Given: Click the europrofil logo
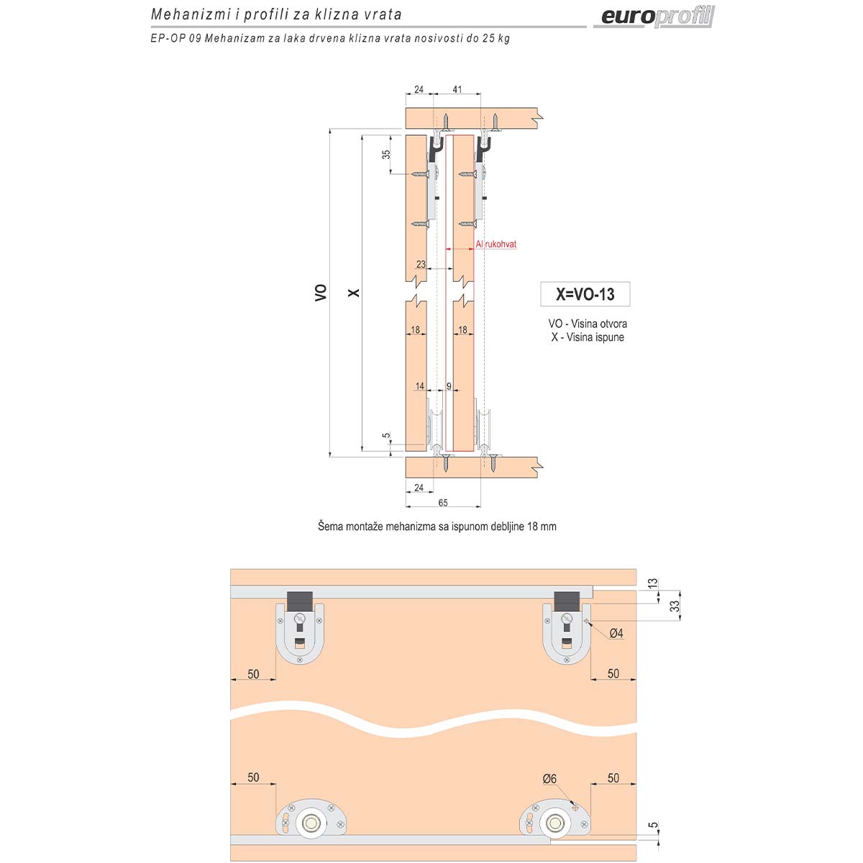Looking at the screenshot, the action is (657, 17).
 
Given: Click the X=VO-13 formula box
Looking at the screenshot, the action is (585, 294).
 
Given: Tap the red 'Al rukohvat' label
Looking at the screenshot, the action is (496, 244).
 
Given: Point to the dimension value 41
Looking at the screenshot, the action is (457, 89).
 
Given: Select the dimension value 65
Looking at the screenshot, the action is (443, 503).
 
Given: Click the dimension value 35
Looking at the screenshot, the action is (385, 154).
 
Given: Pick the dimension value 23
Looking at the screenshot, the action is (421, 264).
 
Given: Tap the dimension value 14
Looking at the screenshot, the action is (419, 386).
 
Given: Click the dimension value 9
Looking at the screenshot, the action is (449, 386).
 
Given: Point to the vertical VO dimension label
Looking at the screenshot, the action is (321, 293).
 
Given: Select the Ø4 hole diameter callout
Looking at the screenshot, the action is (616, 633).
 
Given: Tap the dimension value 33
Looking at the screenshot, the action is (675, 606).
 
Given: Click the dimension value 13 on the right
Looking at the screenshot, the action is (653, 583).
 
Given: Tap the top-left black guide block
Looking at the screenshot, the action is (300, 600).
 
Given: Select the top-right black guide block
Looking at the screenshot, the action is (567, 600).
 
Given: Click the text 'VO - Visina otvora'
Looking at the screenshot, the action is (588, 324).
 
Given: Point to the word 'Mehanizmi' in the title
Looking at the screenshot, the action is (190, 15).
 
